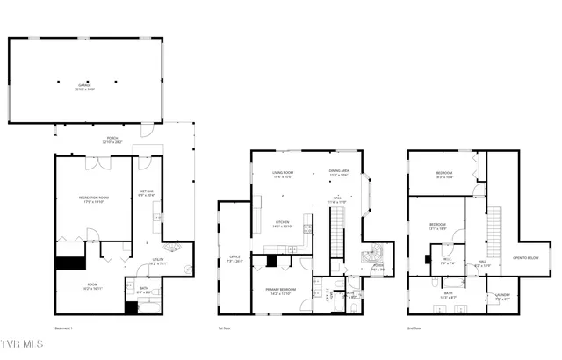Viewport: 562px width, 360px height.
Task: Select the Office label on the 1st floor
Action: click(234, 260)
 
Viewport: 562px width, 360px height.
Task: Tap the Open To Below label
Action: click(525, 257)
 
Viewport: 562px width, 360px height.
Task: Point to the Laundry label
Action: click(502, 296)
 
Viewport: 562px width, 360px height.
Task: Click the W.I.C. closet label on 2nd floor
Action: click(446, 260)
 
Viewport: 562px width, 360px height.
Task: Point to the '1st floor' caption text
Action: click(225, 328)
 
